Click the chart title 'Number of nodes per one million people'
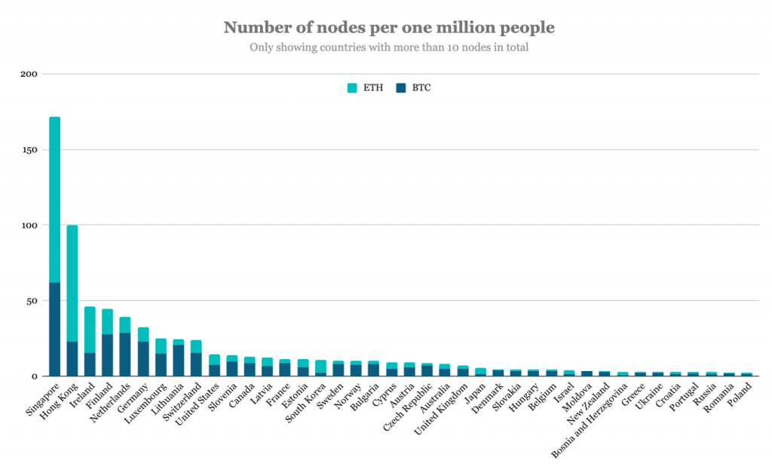tap(388, 28)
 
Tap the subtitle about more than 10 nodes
tap(388, 48)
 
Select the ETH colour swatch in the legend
tap(352, 88)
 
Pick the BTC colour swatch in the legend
tap(401, 88)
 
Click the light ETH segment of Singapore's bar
tap(54, 199)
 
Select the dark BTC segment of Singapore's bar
tap(54, 329)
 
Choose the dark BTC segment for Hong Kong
tap(72, 358)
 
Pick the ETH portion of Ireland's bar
tap(90, 330)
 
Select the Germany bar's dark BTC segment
tap(143, 358)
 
